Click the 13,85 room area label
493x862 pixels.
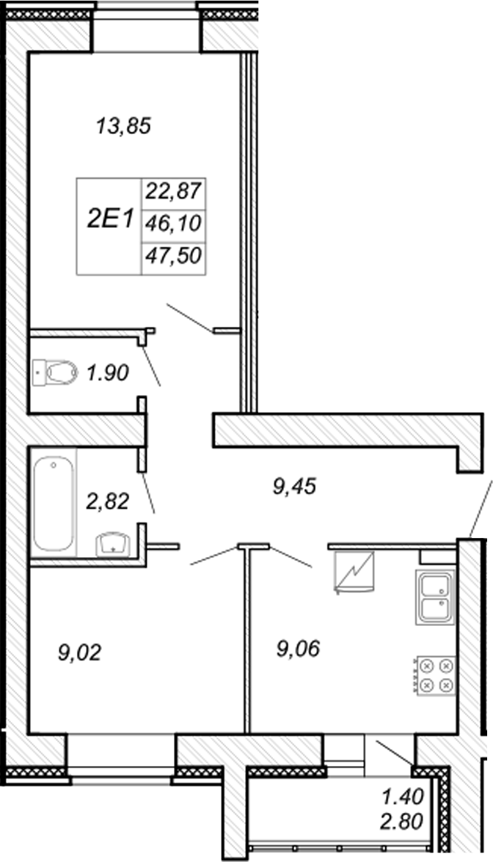123,126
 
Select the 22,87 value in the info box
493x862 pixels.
173,193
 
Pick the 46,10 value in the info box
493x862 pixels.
173,224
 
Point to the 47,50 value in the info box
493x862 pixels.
173,256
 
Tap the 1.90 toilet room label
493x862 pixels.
107,374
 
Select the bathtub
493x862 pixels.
54,504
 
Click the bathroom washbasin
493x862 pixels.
113,544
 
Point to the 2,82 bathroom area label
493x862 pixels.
108,501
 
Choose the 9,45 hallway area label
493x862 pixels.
295,486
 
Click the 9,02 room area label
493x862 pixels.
80,653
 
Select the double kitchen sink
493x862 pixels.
435,597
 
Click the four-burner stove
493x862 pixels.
435,676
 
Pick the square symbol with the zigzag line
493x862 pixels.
354,572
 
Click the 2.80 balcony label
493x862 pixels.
403,822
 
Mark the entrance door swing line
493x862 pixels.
481,507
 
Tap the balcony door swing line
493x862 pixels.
394,752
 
